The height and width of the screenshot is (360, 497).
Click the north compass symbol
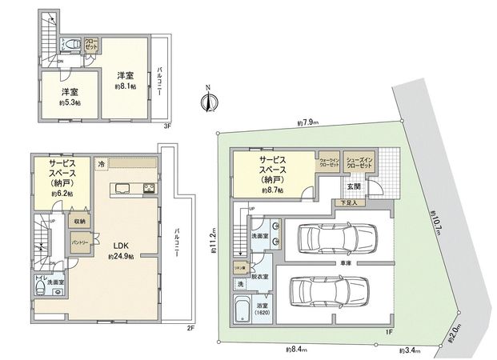(208, 100)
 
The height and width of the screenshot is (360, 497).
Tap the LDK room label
(121, 246)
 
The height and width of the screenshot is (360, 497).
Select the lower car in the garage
(327, 290)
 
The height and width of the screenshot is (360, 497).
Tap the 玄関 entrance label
(353, 186)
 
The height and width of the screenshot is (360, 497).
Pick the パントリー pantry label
(79, 242)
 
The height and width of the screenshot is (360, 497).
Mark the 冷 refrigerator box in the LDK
(101, 162)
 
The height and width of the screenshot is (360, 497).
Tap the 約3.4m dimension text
(414, 350)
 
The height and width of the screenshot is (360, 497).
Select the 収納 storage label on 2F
(79, 221)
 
